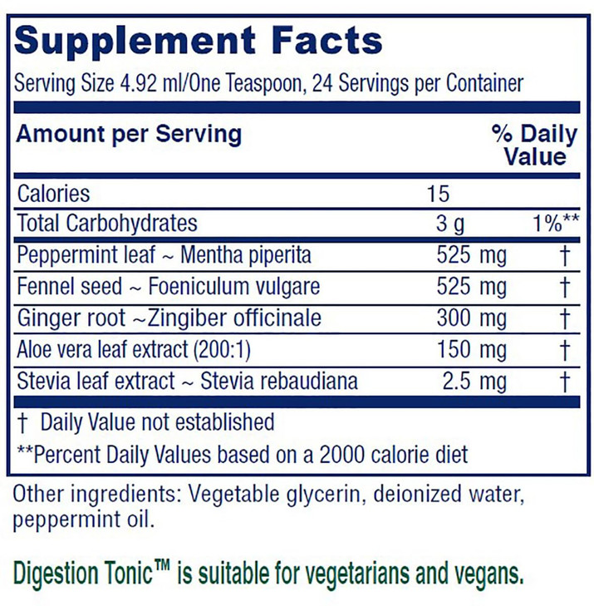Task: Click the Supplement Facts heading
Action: [x=199, y=39]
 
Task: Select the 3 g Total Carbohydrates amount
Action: [x=452, y=224]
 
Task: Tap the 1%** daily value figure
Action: [x=549, y=224]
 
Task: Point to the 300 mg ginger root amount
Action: [x=471, y=318]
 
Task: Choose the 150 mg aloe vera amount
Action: [x=471, y=350]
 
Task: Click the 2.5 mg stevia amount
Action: [x=476, y=382]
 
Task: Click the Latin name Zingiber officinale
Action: [x=239, y=318]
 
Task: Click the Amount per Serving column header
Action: [x=130, y=133]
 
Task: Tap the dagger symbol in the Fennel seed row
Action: [x=564, y=287]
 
